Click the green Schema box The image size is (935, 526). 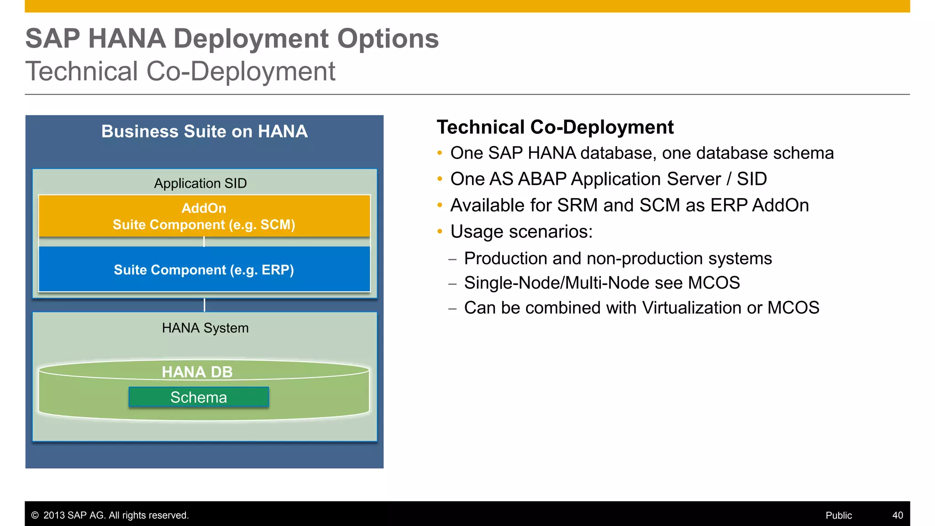click(199, 397)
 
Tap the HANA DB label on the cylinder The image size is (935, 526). click(197, 372)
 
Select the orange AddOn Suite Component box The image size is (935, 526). click(204, 216)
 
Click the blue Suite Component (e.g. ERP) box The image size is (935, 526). click(204, 269)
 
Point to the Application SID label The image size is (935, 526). click(200, 183)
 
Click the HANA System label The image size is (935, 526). click(205, 328)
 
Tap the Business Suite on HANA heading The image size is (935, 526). click(204, 131)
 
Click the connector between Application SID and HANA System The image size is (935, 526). click(204, 305)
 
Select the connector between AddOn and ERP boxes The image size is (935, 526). click(204, 242)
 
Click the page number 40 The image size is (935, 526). click(897, 515)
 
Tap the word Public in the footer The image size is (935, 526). click(838, 515)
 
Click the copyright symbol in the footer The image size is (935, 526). click(35, 515)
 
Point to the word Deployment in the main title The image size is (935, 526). click(251, 38)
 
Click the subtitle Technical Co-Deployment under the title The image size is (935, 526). click(180, 72)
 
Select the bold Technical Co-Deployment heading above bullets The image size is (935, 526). click(555, 127)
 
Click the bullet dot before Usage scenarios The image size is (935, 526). click(440, 231)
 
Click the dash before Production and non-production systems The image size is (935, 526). click(452, 259)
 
